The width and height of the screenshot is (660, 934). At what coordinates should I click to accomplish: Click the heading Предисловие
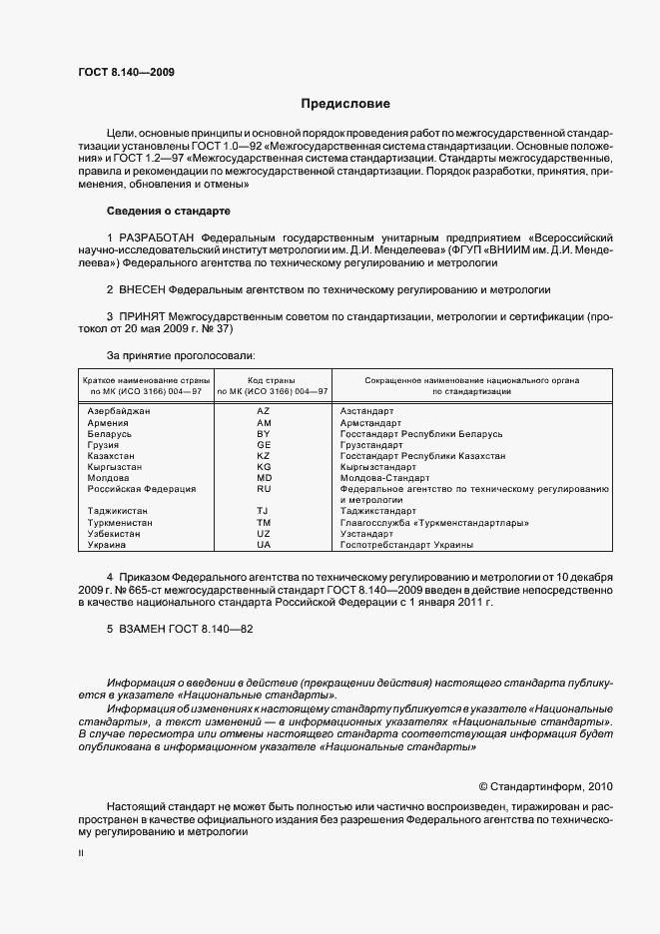coord(345,104)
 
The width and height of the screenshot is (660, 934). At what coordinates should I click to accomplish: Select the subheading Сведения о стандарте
coord(168,212)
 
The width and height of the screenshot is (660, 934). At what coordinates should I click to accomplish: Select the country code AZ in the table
coord(264,411)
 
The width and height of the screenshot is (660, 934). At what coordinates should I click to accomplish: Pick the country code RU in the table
coord(264,489)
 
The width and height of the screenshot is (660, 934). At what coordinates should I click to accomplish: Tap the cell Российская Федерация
coord(142,489)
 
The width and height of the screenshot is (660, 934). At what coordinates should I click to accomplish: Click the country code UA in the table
coord(264,545)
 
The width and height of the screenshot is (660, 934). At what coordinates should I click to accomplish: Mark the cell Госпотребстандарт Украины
coord(406,545)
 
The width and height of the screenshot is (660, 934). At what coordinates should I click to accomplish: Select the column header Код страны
coord(264,380)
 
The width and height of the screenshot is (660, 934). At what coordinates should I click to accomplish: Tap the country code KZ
coord(264,456)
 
